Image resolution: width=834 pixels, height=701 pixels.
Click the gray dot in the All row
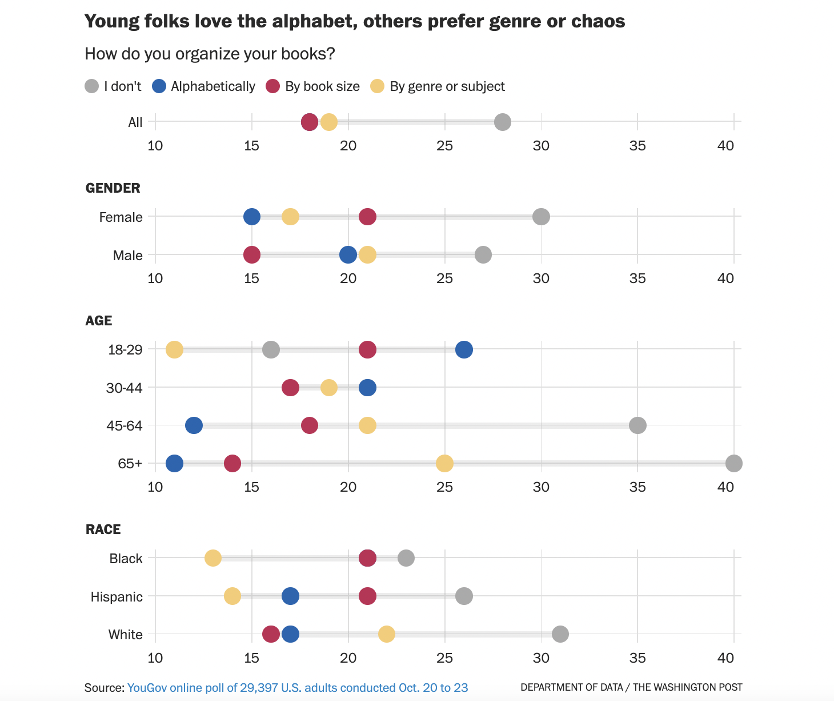click(502, 122)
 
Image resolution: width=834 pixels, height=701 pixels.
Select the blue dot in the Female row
click(252, 217)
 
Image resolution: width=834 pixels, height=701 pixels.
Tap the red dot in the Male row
click(252, 255)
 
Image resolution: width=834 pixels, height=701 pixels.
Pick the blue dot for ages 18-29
click(464, 349)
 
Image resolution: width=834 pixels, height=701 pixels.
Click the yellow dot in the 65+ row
click(444, 463)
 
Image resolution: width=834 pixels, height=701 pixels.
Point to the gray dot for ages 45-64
click(637, 425)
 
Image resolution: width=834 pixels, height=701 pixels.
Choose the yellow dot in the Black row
click(213, 558)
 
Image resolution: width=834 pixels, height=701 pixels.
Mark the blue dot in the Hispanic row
click(290, 596)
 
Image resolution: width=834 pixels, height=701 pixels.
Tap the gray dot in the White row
click(560, 634)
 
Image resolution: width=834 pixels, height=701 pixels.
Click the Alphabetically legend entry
click(204, 86)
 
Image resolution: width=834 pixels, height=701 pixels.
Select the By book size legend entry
click(313, 86)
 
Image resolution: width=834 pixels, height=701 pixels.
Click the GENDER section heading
click(113, 188)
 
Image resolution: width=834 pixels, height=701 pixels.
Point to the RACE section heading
click(103, 529)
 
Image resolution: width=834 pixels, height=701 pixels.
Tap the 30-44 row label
click(124, 388)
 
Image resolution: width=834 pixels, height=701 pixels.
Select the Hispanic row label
click(117, 597)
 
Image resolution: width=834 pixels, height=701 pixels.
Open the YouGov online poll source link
click(298, 688)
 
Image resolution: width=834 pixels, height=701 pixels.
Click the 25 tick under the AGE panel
click(444, 487)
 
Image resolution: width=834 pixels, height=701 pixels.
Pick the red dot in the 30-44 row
click(290, 388)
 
